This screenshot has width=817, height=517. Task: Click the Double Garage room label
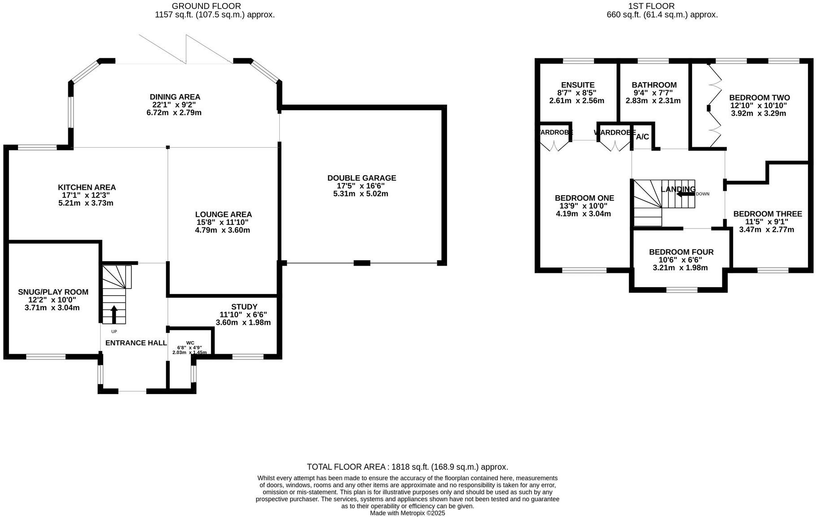tap(361, 178)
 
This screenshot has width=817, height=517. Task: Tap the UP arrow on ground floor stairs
tap(114, 314)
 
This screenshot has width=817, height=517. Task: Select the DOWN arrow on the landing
tap(685, 194)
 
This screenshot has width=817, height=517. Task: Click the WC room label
tap(190, 342)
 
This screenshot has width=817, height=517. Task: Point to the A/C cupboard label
tap(642, 137)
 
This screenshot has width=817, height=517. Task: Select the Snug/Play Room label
tap(53, 292)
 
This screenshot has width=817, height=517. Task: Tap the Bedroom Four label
tap(681, 252)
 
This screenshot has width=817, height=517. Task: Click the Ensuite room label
tap(577, 85)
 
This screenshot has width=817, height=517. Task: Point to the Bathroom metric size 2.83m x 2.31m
tap(653, 101)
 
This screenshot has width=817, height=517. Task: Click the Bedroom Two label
tap(759, 98)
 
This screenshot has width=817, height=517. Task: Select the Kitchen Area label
tap(87, 187)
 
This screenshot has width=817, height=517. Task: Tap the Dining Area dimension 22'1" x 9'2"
tap(175, 105)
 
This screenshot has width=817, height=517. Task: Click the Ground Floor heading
tap(206, 6)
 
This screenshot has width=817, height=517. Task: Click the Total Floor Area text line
tap(407, 467)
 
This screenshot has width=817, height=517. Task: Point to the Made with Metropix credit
tap(407, 513)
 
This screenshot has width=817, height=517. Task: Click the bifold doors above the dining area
tap(186, 49)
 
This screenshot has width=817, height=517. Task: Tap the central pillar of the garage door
tap(361, 263)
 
